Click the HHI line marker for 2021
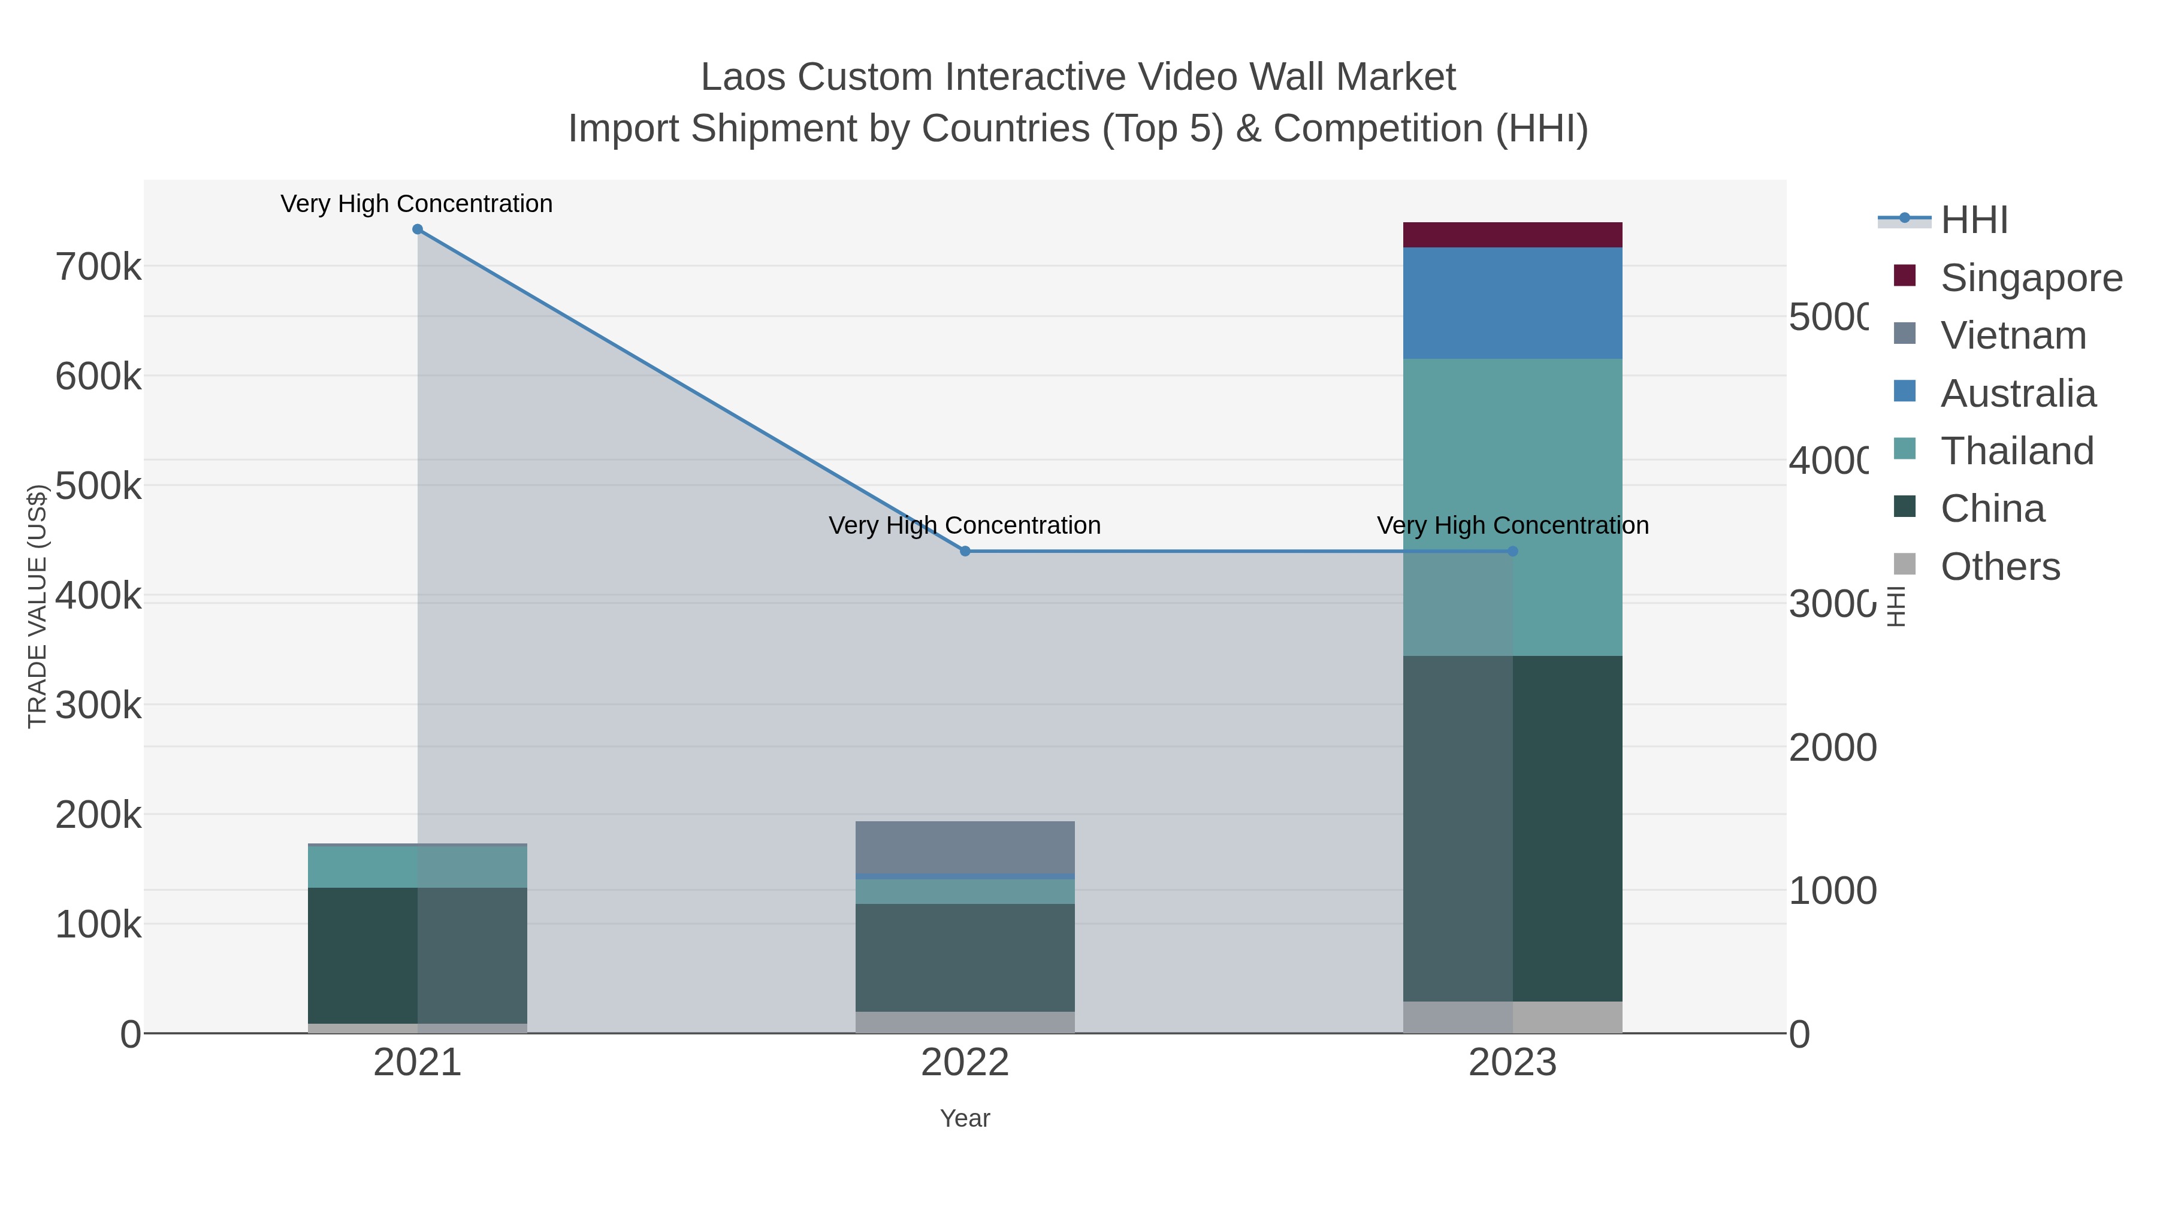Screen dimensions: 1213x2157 (417, 229)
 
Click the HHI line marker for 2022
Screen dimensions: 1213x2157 (965, 551)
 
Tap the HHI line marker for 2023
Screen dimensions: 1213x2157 (1512, 551)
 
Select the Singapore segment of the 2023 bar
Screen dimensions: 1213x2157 (1512, 235)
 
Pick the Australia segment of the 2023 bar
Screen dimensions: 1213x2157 (1512, 303)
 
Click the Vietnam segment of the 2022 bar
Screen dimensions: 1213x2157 (965, 846)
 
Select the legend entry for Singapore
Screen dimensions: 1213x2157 (2031, 278)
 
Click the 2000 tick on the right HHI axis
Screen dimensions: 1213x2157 (1832, 748)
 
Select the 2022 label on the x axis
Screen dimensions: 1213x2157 (965, 1062)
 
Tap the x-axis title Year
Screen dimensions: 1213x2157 (965, 1118)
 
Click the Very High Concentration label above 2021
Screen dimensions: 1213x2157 (416, 204)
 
